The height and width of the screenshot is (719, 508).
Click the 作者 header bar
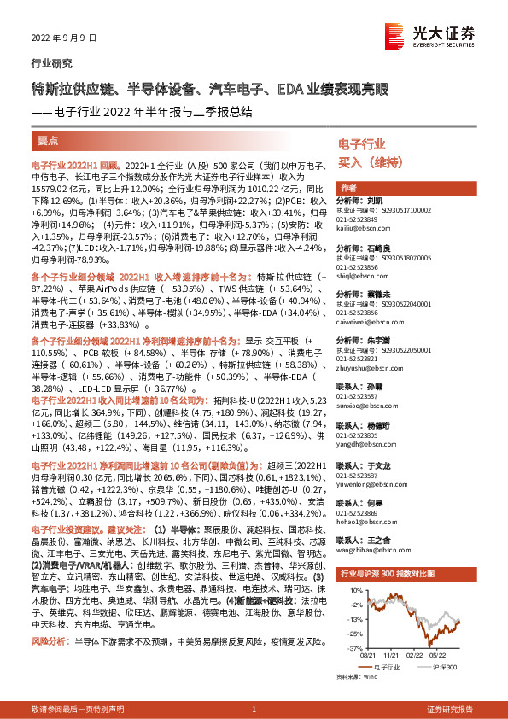tap(348, 188)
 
